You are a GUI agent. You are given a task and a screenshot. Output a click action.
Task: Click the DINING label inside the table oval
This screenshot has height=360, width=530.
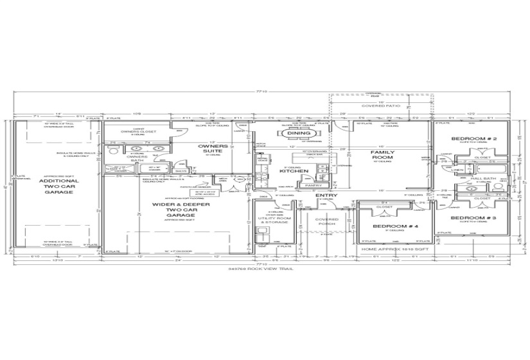299,133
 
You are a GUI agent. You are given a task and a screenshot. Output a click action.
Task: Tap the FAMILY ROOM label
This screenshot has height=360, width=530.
382,155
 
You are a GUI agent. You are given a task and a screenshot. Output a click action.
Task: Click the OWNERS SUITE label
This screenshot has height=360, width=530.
212,150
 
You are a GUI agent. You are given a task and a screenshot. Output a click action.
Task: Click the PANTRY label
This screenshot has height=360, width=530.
314,185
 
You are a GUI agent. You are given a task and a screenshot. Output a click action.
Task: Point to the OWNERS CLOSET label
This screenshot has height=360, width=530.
136,131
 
